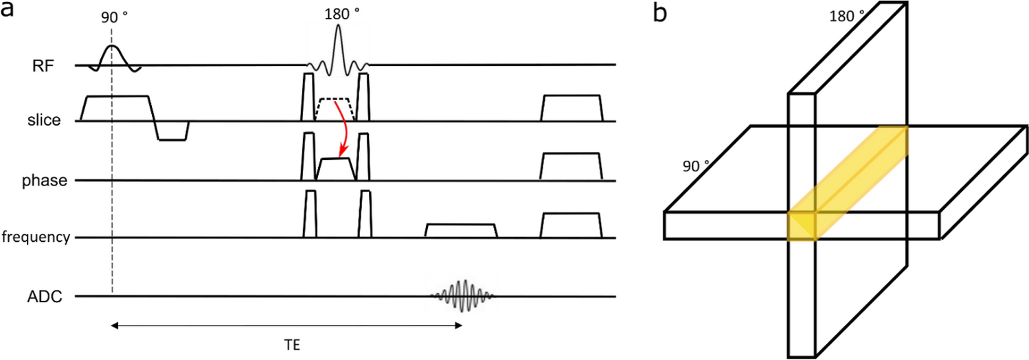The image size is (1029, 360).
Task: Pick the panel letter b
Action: (x=660, y=12)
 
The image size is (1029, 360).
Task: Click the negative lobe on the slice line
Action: (x=172, y=131)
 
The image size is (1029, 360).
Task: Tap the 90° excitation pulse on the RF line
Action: (x=113, y=56)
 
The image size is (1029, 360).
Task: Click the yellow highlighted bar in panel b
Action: (x=849, y=182)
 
